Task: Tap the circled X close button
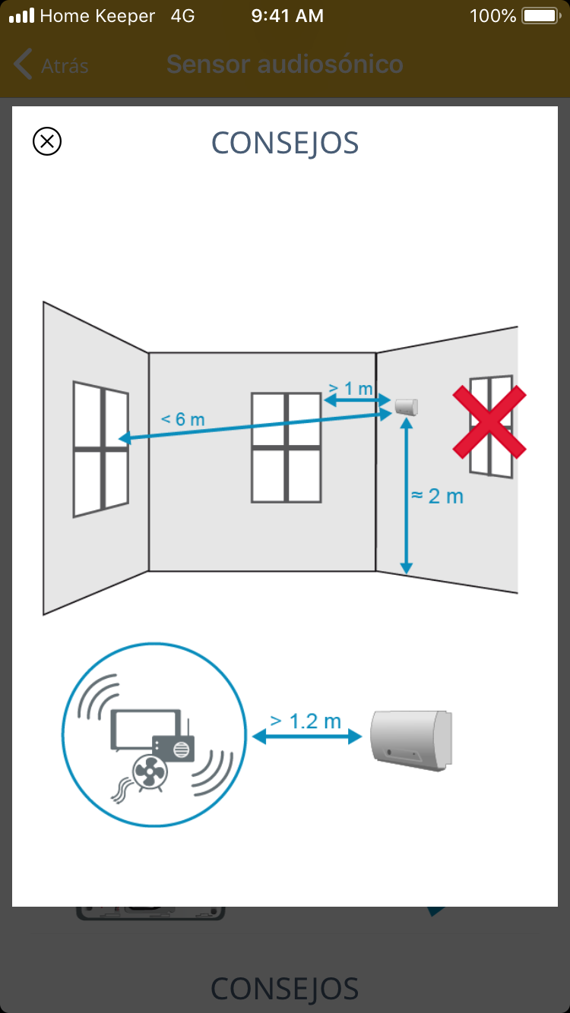coord(47,141)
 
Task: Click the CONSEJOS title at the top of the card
coord(285,144)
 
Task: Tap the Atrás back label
coord(65,66)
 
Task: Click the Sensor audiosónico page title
coord(285,64)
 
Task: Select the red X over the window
coord(489,422)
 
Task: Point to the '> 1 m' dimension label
coord(350,388)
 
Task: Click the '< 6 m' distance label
coord(183,419)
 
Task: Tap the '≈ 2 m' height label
coord(437,496)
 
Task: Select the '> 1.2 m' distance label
coord(306,721)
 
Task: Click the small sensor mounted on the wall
coord(406,406)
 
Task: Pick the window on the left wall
coord(101,449)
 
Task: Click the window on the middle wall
coord(286,448)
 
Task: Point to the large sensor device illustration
coord(411,740)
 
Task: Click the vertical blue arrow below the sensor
coord(407,496)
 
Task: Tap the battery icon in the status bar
coord(541,16)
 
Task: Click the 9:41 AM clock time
coord(287,16)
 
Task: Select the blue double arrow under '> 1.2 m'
coord(307,737)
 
